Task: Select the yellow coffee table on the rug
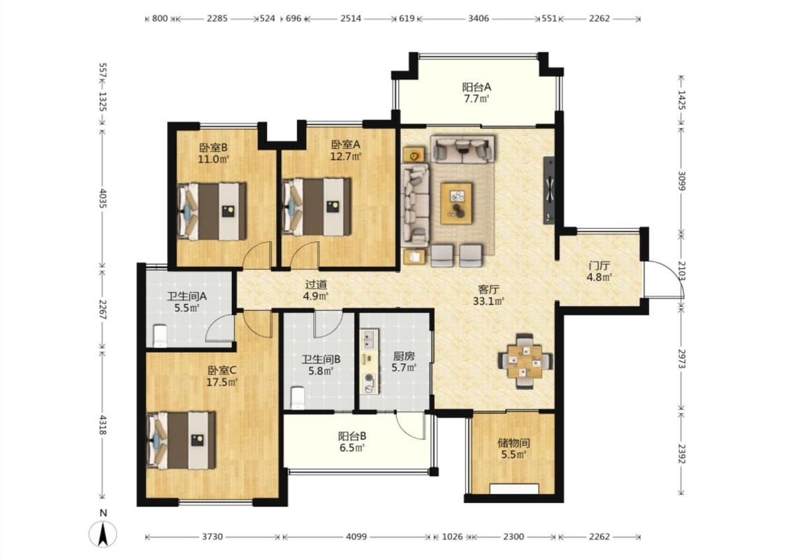click(456, 203)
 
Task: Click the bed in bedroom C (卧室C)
click(181, 440)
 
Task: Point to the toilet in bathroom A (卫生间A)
click(159, 335)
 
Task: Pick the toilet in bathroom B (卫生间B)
click(297, 398)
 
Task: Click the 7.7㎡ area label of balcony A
click(476, 99)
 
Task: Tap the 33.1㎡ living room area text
click(488, 301)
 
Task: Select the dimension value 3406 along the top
click(478, 19)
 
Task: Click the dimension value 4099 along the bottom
click(356, 537)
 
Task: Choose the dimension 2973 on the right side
click(681, 359)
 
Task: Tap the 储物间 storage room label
click(514, 443)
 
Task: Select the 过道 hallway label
click(316, 284)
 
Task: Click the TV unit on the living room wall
click(549, 191)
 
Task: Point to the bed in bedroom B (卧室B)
click(212, 211)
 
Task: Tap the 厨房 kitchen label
click(404, 356)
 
